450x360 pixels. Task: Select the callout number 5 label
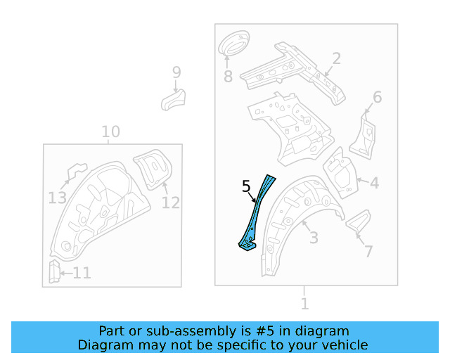click(245, 186)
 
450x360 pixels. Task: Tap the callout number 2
click(336, 58)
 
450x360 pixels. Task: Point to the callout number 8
click(228, 75)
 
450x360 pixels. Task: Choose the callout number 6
click(377, 97)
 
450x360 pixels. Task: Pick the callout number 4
click(374, 184)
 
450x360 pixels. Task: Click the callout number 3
click(314, 237)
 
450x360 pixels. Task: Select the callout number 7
click(368, 251)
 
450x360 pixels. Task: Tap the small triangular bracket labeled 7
click(357, 221)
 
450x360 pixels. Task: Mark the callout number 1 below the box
click(304, 304)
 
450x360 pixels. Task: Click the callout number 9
click(176, 72)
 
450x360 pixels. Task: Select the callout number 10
click(110, 131)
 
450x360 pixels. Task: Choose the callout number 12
click(170, 202)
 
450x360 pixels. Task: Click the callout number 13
click(58, 198)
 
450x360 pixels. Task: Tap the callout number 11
click(82, 273)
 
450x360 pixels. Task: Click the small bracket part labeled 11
click(53, 271)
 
